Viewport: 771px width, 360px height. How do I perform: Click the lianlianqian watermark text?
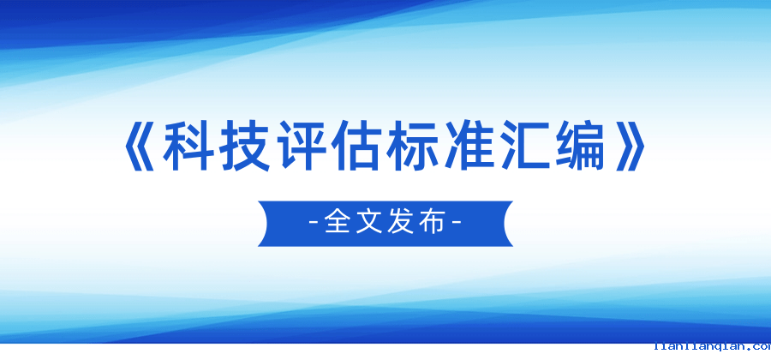coord(711,347)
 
